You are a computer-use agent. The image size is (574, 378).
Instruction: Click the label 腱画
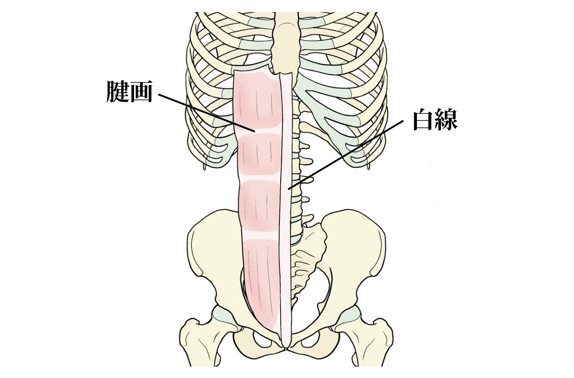(x=130, y=92)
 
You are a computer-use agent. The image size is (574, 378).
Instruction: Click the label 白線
(x=436, y=120)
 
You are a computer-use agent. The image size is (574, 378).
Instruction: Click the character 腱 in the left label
(x=118, y=92)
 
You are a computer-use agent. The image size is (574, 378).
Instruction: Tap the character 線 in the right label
(x=447, y=120)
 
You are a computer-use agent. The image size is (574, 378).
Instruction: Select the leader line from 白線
(x=346, y=155)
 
